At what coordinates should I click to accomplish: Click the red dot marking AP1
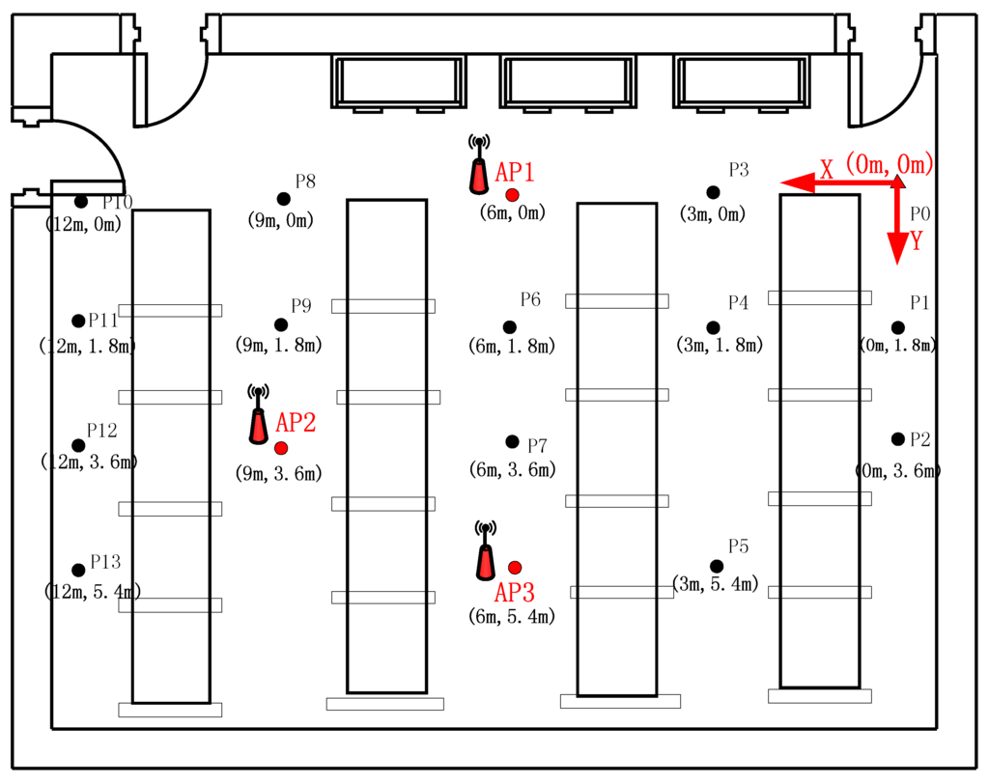pos(512,195)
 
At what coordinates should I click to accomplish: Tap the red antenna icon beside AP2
pos(258,417)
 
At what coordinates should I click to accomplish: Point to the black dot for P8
pos(283,199)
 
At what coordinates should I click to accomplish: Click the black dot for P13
pos(78,570)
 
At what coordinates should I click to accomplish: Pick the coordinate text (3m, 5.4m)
pos(715,584)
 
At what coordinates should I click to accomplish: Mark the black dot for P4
pos(713,328)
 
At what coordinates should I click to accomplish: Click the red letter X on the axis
pos(827,169)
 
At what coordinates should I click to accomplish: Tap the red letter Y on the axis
pos(916,241)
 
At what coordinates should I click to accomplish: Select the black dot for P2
pos(898,438)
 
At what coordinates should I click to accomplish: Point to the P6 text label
pos(530,299)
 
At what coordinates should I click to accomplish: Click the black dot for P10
pos(81,201)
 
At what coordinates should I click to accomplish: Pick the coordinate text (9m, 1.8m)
pos(278,344)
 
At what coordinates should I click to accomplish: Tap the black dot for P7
pos(512,441)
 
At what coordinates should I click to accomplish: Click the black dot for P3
pos(713,192)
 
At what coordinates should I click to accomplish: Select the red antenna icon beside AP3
pos(486,553)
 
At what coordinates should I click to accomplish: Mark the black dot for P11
pos(78,321)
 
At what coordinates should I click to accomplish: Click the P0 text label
pos(920,213)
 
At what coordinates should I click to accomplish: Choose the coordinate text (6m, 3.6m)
pos(513,470)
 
